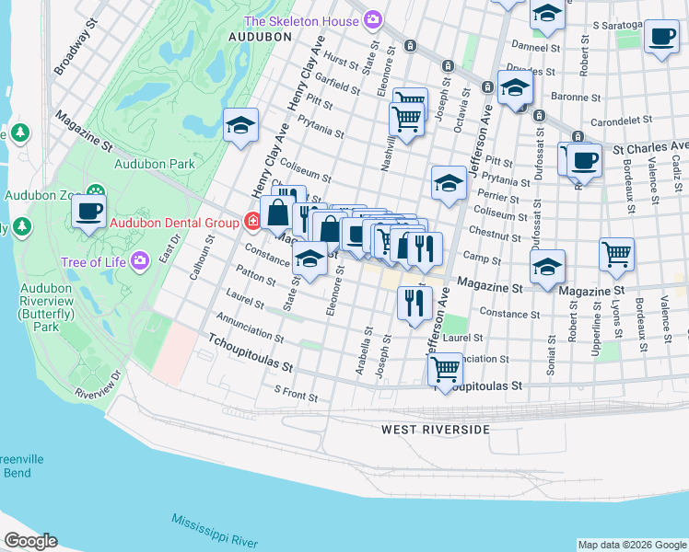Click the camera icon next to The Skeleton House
click(373, 19)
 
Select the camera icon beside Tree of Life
click(140, 262)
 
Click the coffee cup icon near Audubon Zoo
click(89, 211)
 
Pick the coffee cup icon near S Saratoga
click(660, 37)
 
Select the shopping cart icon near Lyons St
click(616, 253)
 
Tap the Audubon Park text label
click(155, 165)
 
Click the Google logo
click(29, 541)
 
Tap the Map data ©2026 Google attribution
click(631, 545)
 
